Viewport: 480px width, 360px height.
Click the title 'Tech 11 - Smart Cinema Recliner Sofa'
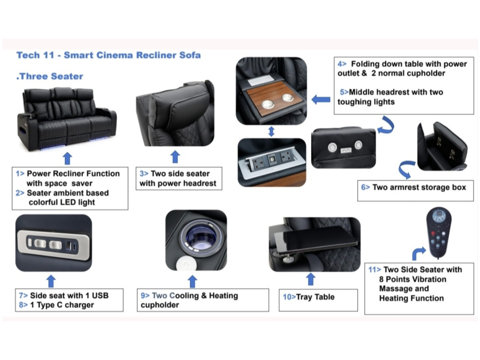tap(108, 55)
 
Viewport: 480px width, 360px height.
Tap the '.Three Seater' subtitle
tap(50, 76)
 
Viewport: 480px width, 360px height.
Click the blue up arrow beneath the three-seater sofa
tap(67, 158)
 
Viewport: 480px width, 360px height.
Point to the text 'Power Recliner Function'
tap(73, 174)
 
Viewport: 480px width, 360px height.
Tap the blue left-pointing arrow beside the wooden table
tap(321, 100)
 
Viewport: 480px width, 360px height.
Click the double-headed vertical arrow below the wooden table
tap(271, 132)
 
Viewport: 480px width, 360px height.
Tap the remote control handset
tap(438, 232)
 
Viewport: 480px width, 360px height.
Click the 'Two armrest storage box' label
tap(419, 187)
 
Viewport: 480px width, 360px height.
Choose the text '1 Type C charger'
tap(62, 305)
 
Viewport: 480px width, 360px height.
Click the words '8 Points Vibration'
tap(412, 279)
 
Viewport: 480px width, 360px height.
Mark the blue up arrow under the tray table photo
tap(311, 279)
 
